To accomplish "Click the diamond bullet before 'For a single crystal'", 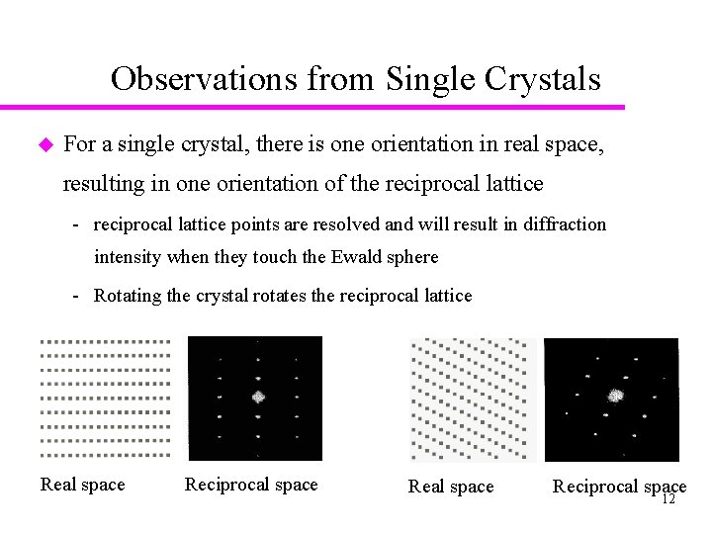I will click(x=43, y=144).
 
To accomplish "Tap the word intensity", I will click(x=128, y=257).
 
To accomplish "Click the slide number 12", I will click(x=667, y=499).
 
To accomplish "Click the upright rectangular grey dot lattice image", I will click(x=104, y=398).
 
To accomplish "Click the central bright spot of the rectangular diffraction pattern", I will click(x=257, y=397).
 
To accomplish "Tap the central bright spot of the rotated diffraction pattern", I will click(x=617, y=396).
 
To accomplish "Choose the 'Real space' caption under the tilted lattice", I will click(x=451, y=487).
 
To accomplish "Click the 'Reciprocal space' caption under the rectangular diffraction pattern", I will click(x=251, y=485).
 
